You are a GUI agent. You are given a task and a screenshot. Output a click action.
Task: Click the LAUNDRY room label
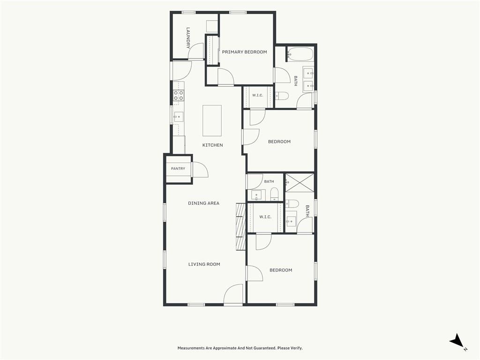pos(188,38)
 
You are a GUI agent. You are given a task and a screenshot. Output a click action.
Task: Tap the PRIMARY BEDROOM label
pos(245,52)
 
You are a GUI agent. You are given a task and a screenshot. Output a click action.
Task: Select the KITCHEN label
pos(213,145)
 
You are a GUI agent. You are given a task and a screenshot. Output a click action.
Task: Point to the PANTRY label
pos(178,169)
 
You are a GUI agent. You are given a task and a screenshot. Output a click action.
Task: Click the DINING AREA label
pos(203,203)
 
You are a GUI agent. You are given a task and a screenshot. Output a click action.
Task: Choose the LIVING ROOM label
pos(204,264)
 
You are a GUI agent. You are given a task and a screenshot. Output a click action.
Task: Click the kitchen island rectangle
pos(212,120)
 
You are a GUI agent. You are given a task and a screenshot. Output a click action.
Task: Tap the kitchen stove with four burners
pos(179,95)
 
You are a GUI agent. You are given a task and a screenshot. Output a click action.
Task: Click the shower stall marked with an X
pos(300,183)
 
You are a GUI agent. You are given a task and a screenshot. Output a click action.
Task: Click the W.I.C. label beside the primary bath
pos(258,96)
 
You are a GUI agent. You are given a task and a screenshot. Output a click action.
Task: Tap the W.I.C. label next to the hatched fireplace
pos(265,217)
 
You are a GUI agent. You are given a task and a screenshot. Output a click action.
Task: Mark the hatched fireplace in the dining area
pos(241,226)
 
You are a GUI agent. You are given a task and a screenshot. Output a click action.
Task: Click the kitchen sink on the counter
pos(178,117)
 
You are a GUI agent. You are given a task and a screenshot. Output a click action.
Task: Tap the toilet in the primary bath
pos(282,96)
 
